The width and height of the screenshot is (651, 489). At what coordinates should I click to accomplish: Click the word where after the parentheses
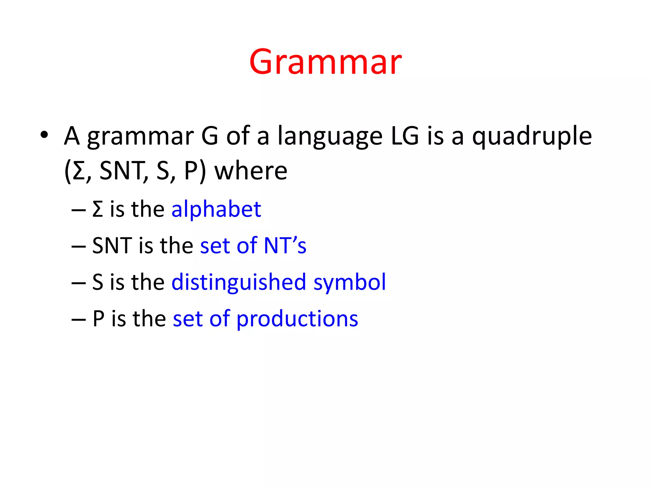pos(251,171)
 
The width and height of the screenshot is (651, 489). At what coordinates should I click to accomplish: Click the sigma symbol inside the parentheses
pos(78,171)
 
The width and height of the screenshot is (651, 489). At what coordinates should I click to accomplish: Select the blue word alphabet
pos(216,209)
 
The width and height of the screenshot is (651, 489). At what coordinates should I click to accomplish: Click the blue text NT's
pos(285,245)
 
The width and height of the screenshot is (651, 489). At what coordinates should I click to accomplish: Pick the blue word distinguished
pos(238,282)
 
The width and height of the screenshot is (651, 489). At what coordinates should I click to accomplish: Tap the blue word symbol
pos(350,282)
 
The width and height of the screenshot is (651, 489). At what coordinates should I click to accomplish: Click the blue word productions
pos(297,319)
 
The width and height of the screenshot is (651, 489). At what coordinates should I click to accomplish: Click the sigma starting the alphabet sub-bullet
pos(98,209)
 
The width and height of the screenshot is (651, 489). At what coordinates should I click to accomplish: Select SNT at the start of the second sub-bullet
pos(112,245)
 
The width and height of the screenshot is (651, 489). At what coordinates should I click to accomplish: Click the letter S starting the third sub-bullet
pos(98,282)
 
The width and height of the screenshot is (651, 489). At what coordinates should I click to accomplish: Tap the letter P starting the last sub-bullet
pos(98,319)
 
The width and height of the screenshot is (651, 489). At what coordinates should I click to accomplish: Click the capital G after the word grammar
pos(210,136)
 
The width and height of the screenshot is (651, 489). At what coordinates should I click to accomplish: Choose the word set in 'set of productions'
pos(188,319)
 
